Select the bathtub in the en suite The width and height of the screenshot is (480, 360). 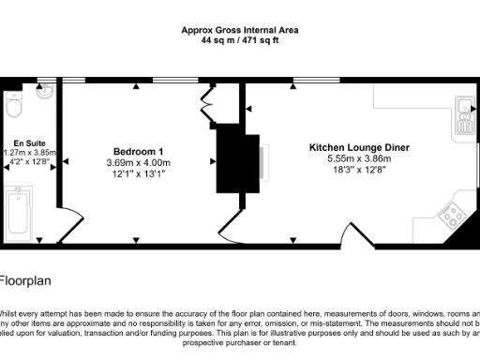point(18,214)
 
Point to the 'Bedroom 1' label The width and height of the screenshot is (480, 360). point(139,151)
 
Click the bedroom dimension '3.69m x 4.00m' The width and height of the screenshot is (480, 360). point(139,162)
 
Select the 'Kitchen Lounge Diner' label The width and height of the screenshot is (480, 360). point(359,147)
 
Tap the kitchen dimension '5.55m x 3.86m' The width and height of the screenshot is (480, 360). point(359,158)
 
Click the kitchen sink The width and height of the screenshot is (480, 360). point(463,114)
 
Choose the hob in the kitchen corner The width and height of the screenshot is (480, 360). point(454,217)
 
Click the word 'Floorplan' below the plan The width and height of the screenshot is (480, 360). point(23,279)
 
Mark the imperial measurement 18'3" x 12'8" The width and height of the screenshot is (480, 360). point(359,171)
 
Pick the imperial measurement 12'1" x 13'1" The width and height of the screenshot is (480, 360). point(139,174)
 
